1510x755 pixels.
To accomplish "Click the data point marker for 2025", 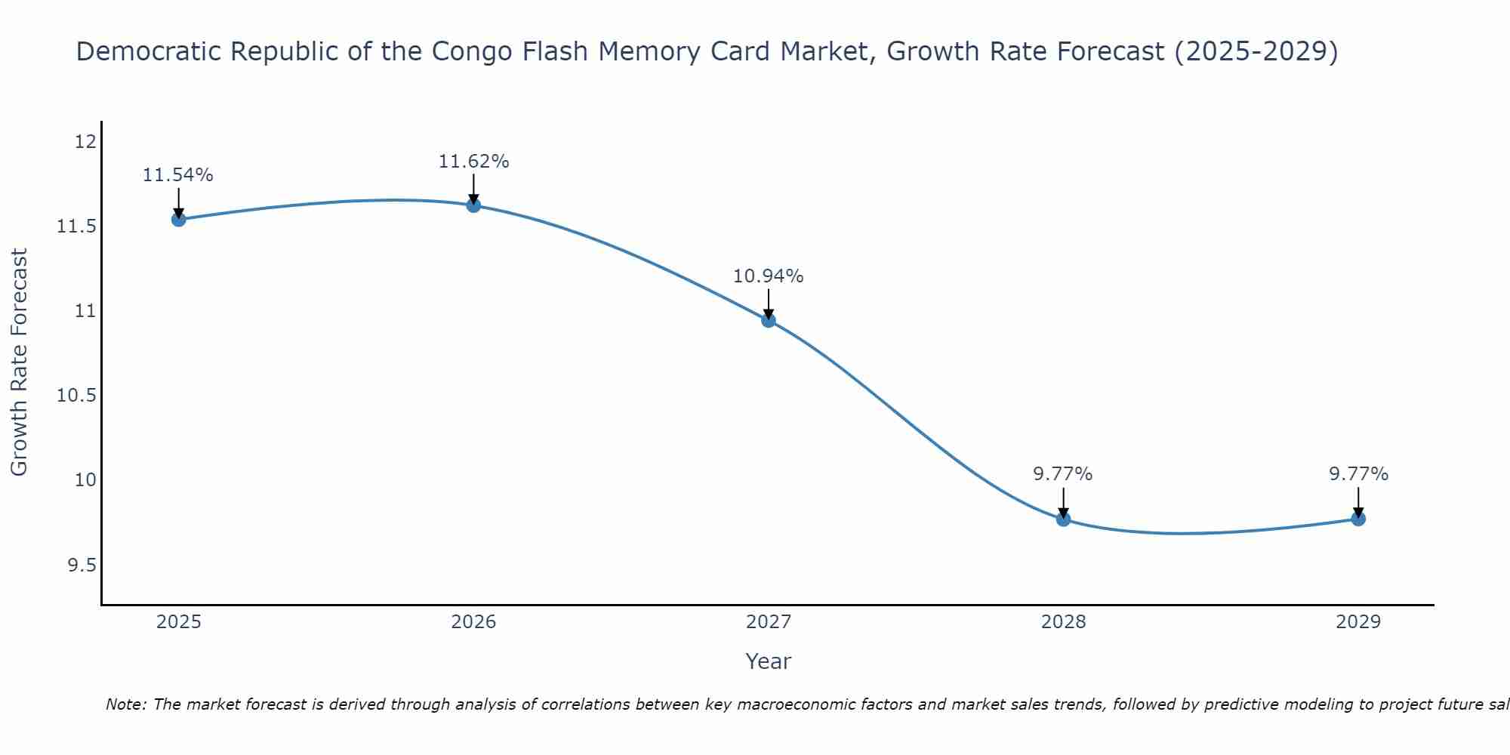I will click(179, 220).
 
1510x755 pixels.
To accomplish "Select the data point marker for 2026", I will click(473, 205).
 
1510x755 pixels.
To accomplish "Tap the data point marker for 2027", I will click(769, 320).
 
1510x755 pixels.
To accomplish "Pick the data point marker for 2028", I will click(1063, 519).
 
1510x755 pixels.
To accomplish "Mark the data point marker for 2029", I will click(1358, 519).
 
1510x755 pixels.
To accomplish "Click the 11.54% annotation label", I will click(178, 175).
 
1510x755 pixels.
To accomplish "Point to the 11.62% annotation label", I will click(473, 162).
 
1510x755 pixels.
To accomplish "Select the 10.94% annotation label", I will click(769, 276).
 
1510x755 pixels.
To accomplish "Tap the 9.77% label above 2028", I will click(1063, 474).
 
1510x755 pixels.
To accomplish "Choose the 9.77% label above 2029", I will click(1358, 474).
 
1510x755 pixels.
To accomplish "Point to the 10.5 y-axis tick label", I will click(77, 396).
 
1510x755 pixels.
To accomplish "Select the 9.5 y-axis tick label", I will click(82, 565).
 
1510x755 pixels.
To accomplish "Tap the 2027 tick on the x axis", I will click(769, 622).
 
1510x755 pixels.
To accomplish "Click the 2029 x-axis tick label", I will click(1358, 622).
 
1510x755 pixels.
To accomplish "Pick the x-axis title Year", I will click(769, 661).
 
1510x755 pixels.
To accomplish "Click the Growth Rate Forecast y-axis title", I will click(19, 362).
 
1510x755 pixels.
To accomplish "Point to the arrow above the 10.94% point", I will click(769, 304).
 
